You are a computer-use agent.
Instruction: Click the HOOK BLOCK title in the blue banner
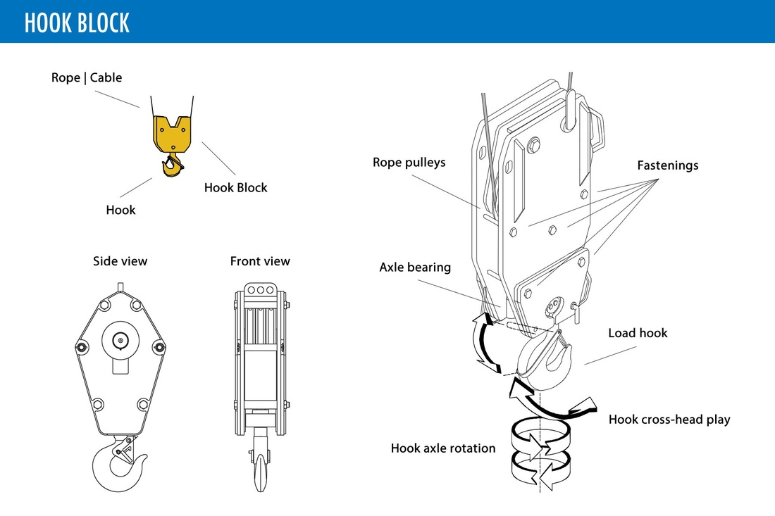tap(77, 23)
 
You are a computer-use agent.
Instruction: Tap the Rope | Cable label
tap(87, 77)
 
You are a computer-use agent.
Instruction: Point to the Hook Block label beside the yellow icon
tap(236, 187)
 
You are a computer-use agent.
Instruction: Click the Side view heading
tap(120, 261)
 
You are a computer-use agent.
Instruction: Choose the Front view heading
tap(260, 261)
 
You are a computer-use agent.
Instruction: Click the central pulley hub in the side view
tap(120, 341)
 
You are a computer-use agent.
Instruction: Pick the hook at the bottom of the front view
tap(260, 472)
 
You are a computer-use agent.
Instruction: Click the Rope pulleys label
tap(409, 163)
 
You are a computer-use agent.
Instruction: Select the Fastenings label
tap(667, 165)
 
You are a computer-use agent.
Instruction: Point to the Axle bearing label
tap(415, 268)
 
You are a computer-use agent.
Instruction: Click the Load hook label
tap(638, 333)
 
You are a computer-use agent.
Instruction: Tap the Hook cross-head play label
tap(669, 420)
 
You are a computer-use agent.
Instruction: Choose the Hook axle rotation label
tap(443, 448)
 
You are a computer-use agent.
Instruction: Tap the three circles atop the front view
tap(260, 289)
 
